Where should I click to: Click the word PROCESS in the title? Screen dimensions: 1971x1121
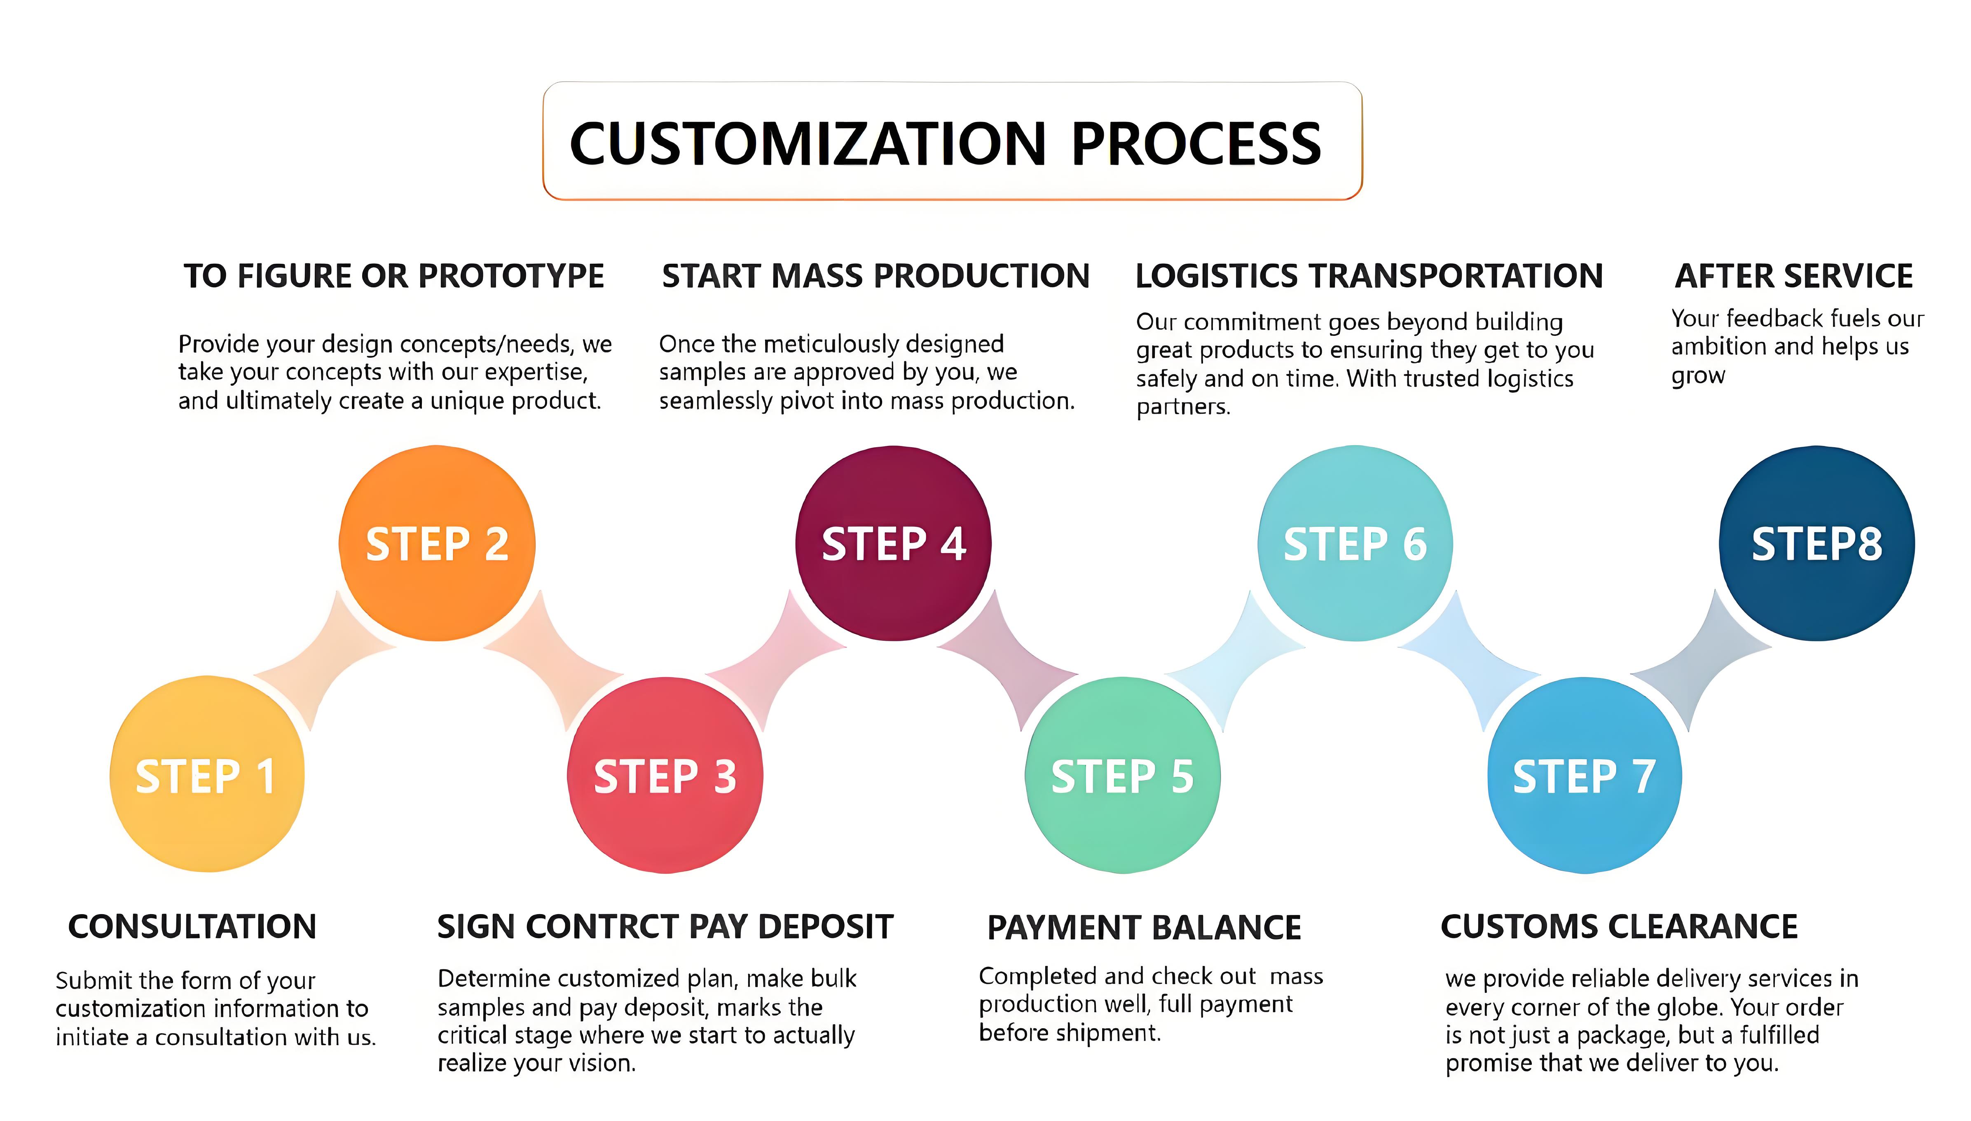[x=1196, y=144]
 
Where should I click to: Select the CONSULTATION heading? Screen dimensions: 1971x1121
[x=192, y=926]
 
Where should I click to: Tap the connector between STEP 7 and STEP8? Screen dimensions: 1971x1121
[x=1701, y=661]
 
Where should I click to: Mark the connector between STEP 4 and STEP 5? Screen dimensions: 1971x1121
[x=1008, y=661]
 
